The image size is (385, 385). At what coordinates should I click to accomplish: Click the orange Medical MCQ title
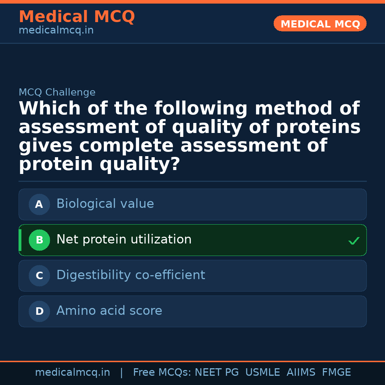[x=77, y=17]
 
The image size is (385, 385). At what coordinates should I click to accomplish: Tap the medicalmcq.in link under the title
[x=56, y=30]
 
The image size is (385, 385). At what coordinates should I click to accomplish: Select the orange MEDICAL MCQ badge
[x=320, y=24]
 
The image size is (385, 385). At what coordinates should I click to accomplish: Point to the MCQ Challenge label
[x=57, y=92]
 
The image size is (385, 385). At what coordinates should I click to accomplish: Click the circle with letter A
[x=39, y=204]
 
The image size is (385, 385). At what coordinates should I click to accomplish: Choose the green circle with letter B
[x=39, y=240]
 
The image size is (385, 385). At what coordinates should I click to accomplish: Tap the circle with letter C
[x=39, y=276]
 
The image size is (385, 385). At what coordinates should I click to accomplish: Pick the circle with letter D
[x=39, y=311]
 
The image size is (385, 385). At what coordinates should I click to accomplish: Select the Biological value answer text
[x=105, y=204]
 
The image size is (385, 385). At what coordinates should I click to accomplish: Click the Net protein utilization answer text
[x=124, y=240]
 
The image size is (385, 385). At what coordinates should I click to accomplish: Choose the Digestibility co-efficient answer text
[x=131, y=275]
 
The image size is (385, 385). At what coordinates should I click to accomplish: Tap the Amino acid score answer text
[x=109, y=311]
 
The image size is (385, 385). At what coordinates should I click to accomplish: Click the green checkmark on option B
[x=354, y=241]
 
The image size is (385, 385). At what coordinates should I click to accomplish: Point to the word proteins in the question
[x=318, y=127]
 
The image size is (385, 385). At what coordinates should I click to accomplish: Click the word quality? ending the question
[x=140, y=164]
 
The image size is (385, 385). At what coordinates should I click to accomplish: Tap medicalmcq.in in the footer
[x=72, y=373]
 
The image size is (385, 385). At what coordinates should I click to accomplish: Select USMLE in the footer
[x=262, y=373]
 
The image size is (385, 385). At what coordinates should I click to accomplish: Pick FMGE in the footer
[x=337, y=373]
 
